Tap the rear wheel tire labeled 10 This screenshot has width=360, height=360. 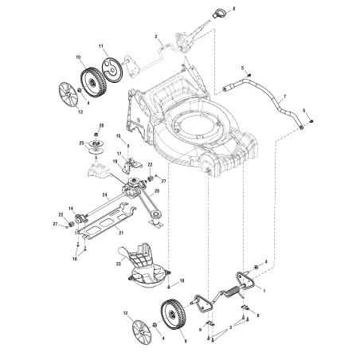point(92,80)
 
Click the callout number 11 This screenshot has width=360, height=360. point(101,47)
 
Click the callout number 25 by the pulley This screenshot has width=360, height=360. point(81,143)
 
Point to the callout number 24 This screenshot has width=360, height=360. point(105,195)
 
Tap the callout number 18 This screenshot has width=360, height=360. point(182,281)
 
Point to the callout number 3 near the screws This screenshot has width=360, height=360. point(231,327)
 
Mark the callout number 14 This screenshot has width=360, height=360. point(71,209)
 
